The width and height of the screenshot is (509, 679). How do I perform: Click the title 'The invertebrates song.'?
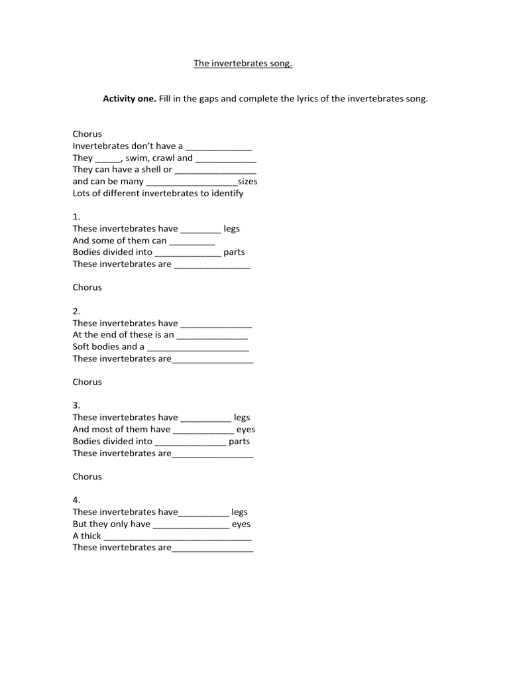[x=243, y=64]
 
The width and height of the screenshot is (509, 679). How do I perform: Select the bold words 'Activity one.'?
[x=129, y=99]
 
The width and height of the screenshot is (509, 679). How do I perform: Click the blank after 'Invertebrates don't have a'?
[x=219, y=147]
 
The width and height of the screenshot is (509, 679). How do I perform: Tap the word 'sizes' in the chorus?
[x=247, y=181]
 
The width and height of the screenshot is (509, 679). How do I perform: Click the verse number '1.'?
[x=76, y=217]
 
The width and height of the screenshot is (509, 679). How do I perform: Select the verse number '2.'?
[x=76, y=311]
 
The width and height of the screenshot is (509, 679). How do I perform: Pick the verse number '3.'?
[x=76, y=405]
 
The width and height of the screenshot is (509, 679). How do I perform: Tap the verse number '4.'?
[x=76, y=500]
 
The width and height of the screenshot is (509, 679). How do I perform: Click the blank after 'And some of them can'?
[x=188, y=241]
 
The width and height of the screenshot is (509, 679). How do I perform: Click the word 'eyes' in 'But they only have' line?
[x=241, y=524]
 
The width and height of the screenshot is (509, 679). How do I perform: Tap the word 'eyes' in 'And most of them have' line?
[x=246, y=430]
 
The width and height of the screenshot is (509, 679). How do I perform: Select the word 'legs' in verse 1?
[x=232, y=229]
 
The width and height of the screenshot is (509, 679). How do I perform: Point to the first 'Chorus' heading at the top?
[x=87, y=134]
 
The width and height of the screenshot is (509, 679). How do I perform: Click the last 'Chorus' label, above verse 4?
[x=87, y=477]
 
